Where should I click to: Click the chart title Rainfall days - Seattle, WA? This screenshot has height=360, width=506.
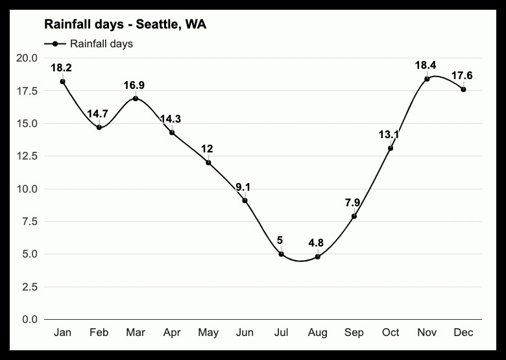pos(125,25)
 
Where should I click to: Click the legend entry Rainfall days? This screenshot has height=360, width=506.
pos(101,44)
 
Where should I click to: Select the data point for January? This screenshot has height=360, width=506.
pos(62,81)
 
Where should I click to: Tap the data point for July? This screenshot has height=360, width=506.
pos(281,254)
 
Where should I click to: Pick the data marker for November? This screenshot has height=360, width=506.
pos(427,78)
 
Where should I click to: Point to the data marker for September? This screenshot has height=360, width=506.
pos(354,216)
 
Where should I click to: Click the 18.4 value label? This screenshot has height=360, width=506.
pos(427,66)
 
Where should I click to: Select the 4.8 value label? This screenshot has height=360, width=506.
pos(316,243)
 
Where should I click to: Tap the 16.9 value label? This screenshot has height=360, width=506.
pos(135,85)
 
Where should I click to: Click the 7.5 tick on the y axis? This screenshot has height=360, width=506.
pos(29,222)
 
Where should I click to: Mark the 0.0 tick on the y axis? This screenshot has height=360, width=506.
pos(29,319)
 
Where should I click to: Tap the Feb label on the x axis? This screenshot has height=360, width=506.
pos(99,333)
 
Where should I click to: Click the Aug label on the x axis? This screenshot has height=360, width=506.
pos(317,333)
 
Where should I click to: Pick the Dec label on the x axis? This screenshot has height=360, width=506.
pos(463,333)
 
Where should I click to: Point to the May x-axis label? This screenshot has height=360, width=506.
pos(208,333)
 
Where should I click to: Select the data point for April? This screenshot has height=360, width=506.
pos(172,132)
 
